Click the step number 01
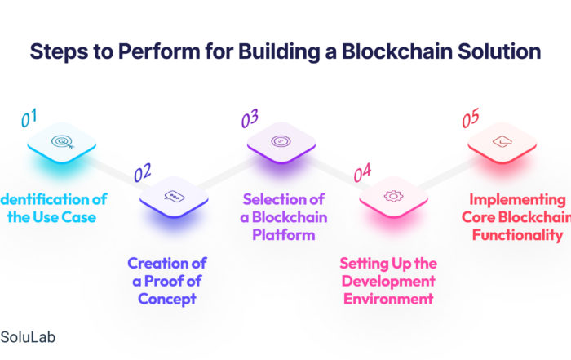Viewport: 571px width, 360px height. [x=29, y=118]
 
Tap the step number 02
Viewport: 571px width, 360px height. [x=143, y=172]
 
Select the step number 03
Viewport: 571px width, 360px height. [x=250, y=118]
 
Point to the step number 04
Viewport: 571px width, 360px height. [x=362, y=172]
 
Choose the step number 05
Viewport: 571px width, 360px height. [x=471, y=118]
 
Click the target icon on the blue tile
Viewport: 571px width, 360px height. [x=63, y=142]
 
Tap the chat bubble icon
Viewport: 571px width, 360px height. [x=174, y=196]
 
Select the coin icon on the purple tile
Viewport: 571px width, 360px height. [x=281, y=141]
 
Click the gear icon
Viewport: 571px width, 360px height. [x=393, y=196]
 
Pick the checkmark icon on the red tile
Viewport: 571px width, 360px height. [x=502, y=141]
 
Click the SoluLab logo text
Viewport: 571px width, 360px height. [x=28, y=337]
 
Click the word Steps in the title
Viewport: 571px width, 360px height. [x=59, y=51]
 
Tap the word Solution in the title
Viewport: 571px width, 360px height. [x=499, y=51]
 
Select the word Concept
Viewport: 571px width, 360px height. [x=167, y=299]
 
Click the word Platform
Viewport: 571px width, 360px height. [x=284, y=235]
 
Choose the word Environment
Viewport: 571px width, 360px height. [x=388, y=299]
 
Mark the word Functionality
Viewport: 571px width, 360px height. [x=517, y=235]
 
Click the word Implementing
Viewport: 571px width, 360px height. [x=517, y=200]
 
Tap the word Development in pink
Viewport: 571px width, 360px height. [x=388, y=282]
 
